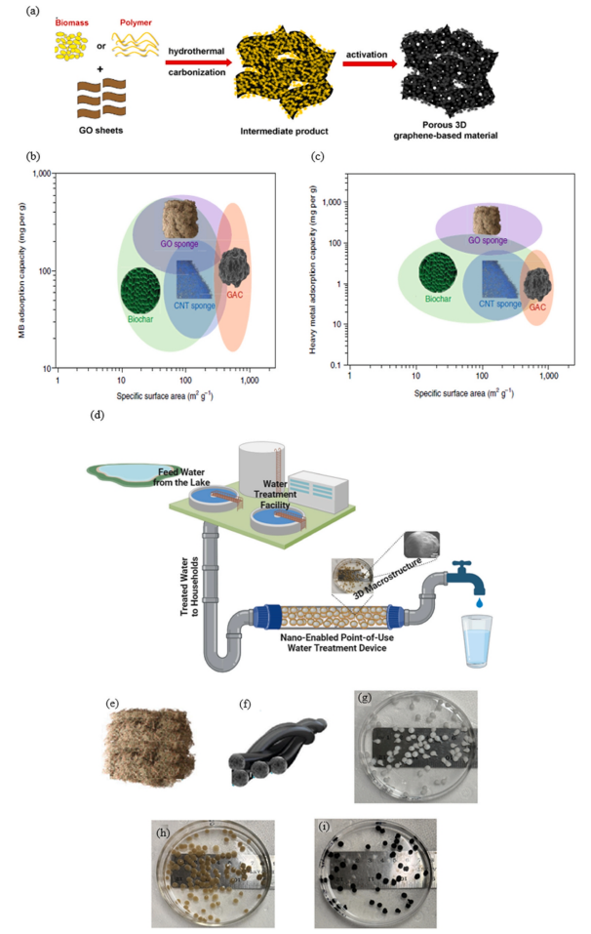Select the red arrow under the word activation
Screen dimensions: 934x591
pos(370,65)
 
